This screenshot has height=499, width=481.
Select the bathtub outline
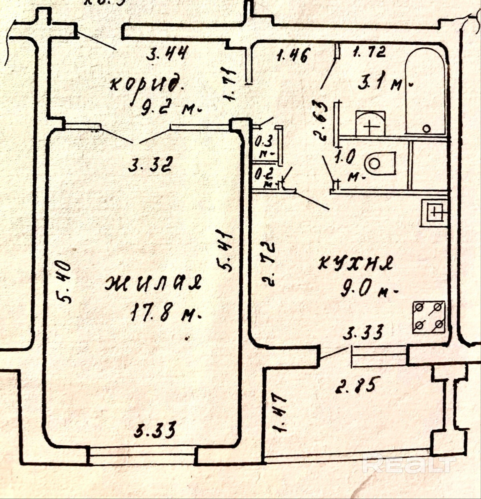425,93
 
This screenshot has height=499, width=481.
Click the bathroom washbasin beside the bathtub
371,123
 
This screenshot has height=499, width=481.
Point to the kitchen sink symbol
434,212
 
